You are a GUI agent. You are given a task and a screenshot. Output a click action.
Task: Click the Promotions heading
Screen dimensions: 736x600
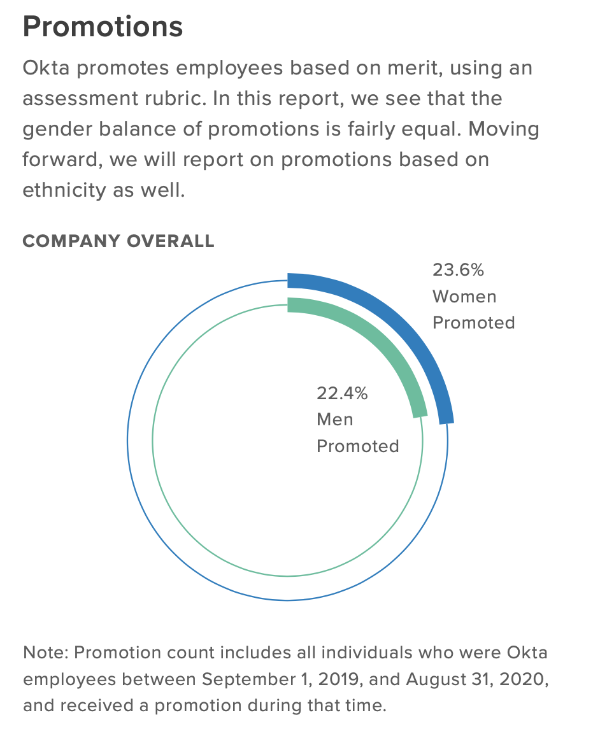pos(103,27)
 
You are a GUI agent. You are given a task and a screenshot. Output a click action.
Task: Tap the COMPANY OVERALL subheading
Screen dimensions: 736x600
pos(118,241)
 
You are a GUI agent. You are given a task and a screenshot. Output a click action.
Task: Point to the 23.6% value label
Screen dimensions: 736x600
pos(458,270)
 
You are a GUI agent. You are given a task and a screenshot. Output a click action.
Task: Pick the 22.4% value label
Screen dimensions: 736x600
pos(342,393)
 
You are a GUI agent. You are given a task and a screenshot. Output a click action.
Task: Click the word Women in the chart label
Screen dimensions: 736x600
pos(464,296)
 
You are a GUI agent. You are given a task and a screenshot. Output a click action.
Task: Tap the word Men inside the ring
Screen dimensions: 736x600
pos(334,420)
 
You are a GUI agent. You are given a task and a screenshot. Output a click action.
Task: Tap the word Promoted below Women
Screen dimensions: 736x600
pos(473,323)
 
